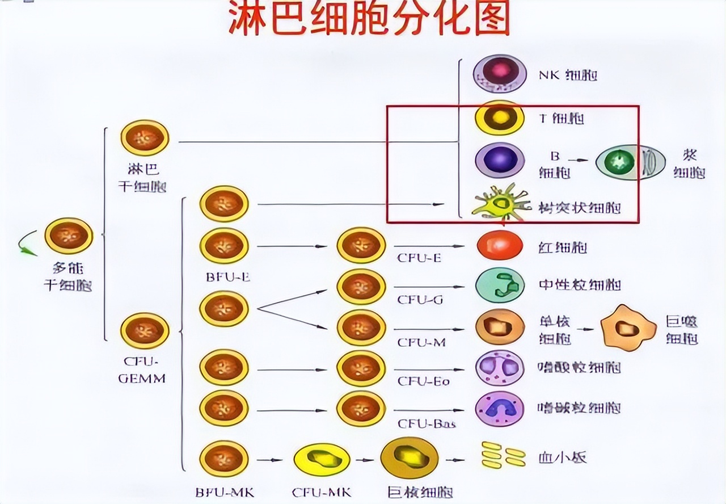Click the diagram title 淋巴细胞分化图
[369, 18]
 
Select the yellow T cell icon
[500, 118]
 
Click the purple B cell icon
[500, 160]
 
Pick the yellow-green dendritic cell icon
[500, 203]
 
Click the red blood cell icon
[500, 246]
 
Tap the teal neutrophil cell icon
[500, 285]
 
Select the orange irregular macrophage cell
[628, 328]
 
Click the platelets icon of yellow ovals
[503, 455]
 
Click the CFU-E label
[419, 258]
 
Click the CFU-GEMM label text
[141, 369]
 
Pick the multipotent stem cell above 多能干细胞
[69, 236]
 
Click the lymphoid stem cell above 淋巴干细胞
[145, 138]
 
